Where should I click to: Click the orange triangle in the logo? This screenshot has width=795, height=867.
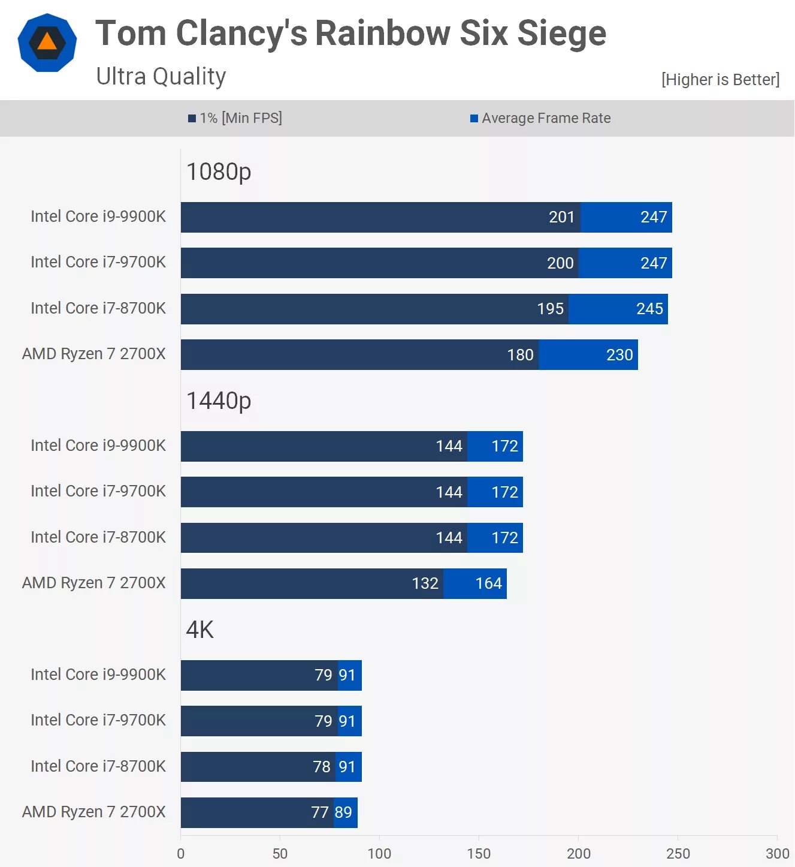tap(47, 43)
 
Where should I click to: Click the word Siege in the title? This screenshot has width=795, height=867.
tap(561, 33)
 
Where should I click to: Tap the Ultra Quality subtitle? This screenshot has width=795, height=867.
tap(161, 77)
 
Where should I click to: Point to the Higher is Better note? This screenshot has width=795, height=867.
tap(720, 80)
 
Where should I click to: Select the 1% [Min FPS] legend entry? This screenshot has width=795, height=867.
tap(235, 118)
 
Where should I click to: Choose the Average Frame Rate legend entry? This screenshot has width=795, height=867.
tap(540, 118)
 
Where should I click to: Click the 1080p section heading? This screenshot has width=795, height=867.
tap(219, 172)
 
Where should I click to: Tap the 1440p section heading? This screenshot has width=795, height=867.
tap(219, 401)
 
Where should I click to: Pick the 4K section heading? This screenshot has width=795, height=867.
tap(200, 630)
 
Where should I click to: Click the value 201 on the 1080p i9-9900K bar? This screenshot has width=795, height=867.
tap(561, 217)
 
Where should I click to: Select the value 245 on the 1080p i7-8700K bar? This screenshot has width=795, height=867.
tap(649, 309)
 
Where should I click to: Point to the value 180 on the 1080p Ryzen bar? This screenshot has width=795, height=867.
tap(520, 355)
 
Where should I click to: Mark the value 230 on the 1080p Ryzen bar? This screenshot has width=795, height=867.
tap(619, 355)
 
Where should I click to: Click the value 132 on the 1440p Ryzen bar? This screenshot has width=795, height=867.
tap(425, 583)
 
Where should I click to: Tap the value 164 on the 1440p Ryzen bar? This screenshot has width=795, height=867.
tap(488, 583)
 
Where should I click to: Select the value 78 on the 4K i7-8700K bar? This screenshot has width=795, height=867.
tap(322, 767)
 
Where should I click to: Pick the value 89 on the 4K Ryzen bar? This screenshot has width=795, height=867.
tap(343, 812)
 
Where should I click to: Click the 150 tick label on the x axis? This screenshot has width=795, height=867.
tap(479, 854)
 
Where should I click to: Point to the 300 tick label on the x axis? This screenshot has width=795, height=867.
tap(777, 854)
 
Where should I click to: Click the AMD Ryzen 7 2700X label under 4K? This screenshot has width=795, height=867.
tap(94, 812)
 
